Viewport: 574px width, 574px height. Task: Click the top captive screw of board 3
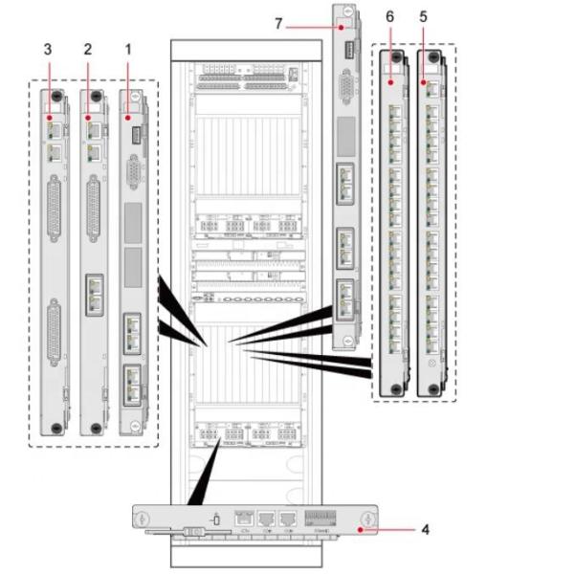click(56, 98)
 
